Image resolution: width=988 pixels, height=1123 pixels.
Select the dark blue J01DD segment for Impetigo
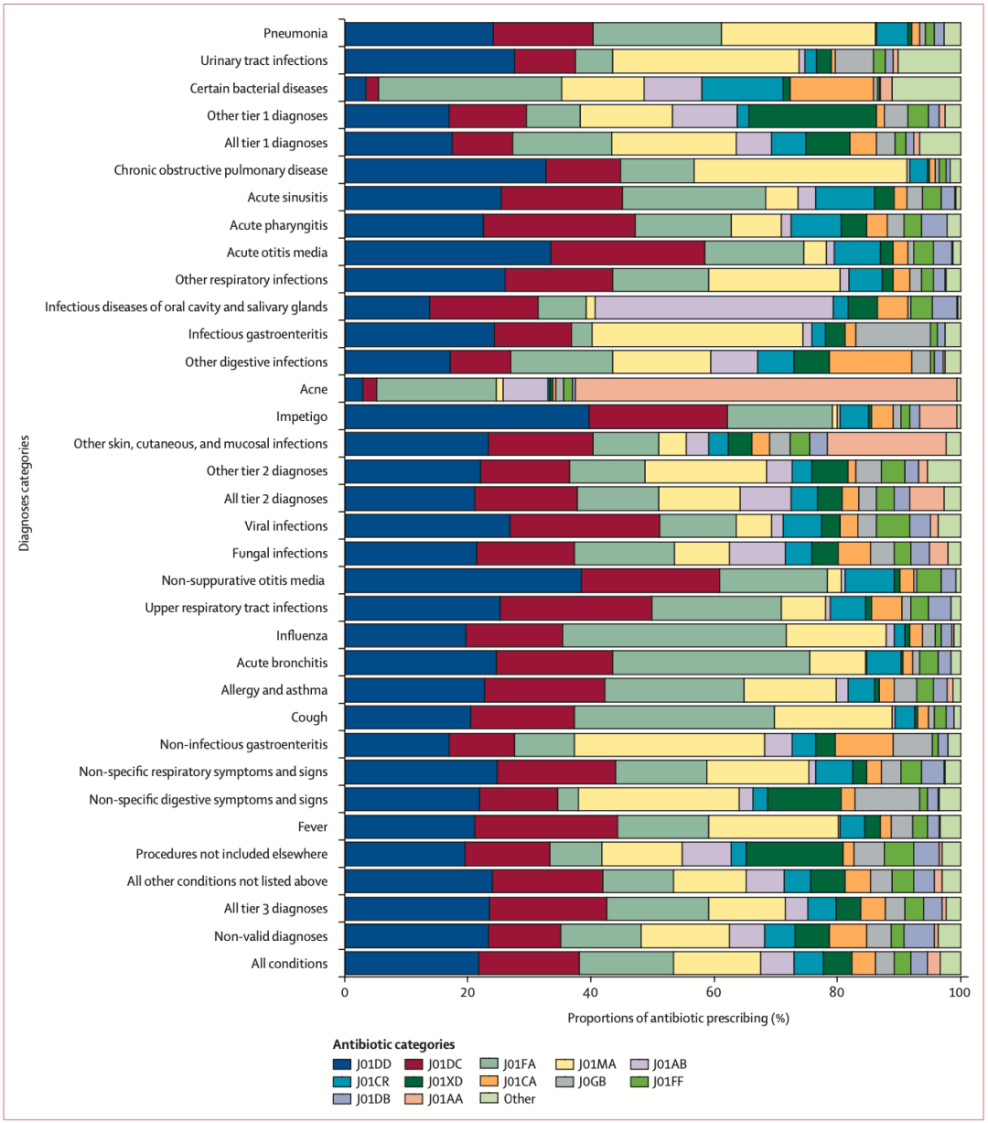(467, 416)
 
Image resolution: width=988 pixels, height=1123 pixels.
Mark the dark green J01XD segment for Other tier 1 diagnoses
(812, 116)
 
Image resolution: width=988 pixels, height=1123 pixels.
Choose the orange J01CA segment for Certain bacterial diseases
(832, 89)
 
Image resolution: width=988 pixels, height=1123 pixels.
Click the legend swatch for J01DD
(342, 1064)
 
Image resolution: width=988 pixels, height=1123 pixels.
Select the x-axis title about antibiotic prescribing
(678, 1018)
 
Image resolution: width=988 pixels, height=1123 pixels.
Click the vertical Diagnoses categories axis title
(25, 493)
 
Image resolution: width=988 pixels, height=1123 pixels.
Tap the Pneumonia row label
(295, 34)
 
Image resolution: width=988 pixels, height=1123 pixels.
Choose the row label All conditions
(289, 964)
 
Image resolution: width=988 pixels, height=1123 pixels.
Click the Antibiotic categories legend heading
(393, 1044)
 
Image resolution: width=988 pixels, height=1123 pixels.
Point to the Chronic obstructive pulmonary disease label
(220, 170)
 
